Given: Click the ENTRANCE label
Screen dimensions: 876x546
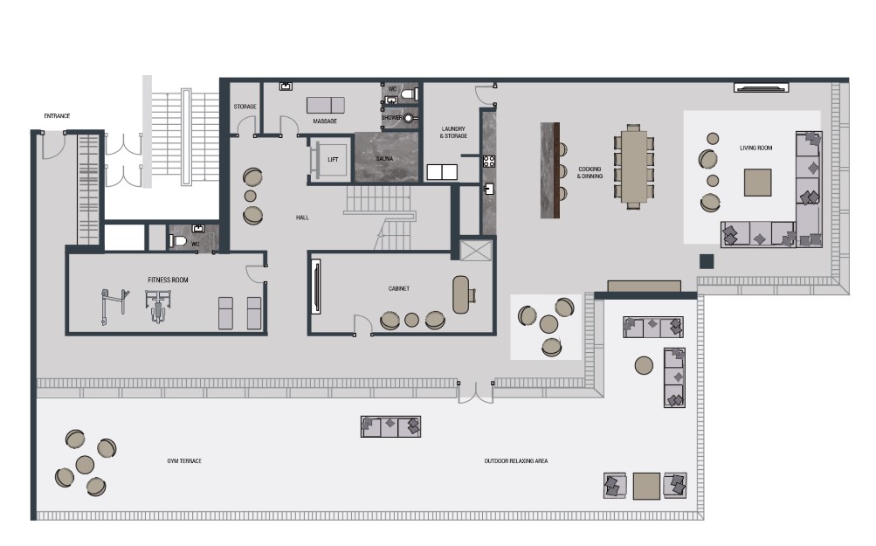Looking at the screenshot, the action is [57, 116].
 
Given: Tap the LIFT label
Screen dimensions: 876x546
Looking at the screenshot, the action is [333, 159].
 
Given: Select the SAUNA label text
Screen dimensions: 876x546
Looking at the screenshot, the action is [384, 159].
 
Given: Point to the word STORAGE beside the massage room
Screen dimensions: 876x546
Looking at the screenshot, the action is [245, 107].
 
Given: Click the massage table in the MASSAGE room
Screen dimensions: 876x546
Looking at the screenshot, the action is [325, 105].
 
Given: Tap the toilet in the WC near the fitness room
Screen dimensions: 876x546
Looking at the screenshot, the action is [178, 241].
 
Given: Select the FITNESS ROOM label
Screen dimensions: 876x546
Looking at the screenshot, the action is [168, 280].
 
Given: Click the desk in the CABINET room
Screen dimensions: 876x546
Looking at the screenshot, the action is [461, 294].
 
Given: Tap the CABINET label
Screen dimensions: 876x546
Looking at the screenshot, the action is [399, 289].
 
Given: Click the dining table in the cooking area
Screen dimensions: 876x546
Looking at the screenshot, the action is [633, 167].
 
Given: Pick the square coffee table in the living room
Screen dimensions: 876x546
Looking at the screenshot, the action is [757, 183].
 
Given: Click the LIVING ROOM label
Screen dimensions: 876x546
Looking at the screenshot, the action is [755, 149].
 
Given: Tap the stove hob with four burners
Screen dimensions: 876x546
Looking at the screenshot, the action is [489, 162].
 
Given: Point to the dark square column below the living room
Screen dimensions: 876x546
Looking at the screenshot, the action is [707, 261].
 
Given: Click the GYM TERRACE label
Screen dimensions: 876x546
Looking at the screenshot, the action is [184, 461].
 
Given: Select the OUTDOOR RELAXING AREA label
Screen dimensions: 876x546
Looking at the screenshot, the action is [515, 461].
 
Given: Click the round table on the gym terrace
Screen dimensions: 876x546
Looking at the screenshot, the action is [85, 465].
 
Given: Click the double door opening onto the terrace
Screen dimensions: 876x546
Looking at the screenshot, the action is [475, 393].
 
